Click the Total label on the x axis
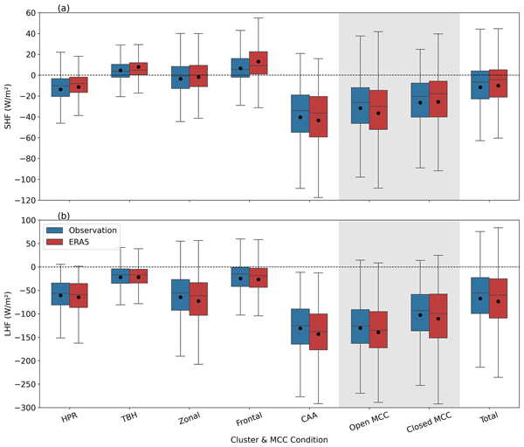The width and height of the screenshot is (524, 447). click(x=490, y=420)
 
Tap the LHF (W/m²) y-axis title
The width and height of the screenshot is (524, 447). click(x=11, y=313)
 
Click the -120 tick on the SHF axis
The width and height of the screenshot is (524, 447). click(x=31, y=199)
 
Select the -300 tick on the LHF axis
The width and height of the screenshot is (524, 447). click(x=31, y=408)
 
